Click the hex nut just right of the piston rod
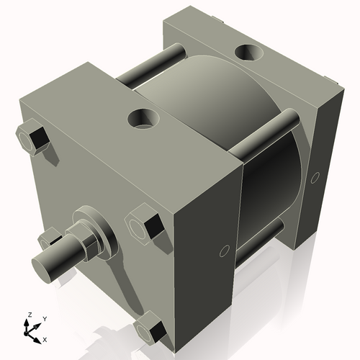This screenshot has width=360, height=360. (145, 225)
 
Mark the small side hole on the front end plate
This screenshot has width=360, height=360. (223, 251)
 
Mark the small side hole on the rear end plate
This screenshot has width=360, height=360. (314, 176)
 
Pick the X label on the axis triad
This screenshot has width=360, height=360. (45, 338)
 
